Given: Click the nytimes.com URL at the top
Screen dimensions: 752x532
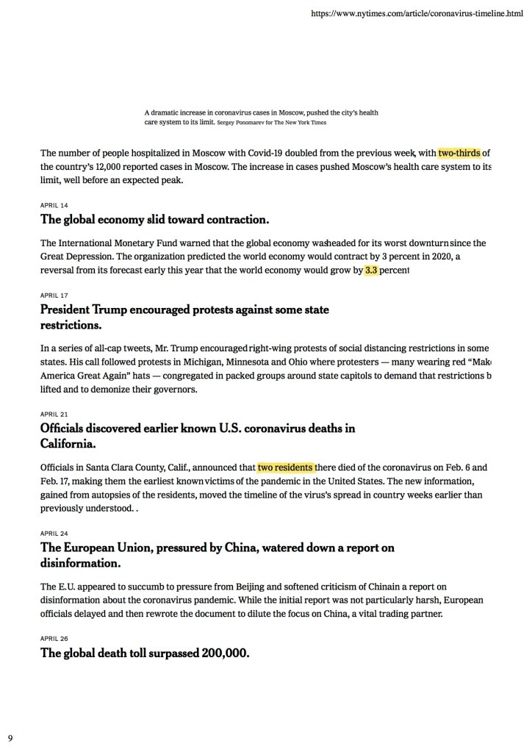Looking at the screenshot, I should (x=417, y=14).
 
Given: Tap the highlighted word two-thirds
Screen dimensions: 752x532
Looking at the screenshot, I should (x=459, y=153).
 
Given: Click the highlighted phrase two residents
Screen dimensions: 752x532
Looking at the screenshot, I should (x=285, y=467).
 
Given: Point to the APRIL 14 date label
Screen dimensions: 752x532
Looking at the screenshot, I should (x=54, y=206).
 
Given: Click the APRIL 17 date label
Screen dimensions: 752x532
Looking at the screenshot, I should (x=54, y=296).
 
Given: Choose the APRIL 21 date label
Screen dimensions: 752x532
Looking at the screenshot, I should (x=54, y=414).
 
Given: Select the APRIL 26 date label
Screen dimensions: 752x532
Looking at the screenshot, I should (x=54, y=638).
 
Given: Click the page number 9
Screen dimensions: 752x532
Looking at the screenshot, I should (x=10, y=737).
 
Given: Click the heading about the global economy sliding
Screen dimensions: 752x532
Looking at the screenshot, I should (x=155, y=219).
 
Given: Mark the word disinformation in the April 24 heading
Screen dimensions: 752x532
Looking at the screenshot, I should (x=80, y=562).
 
